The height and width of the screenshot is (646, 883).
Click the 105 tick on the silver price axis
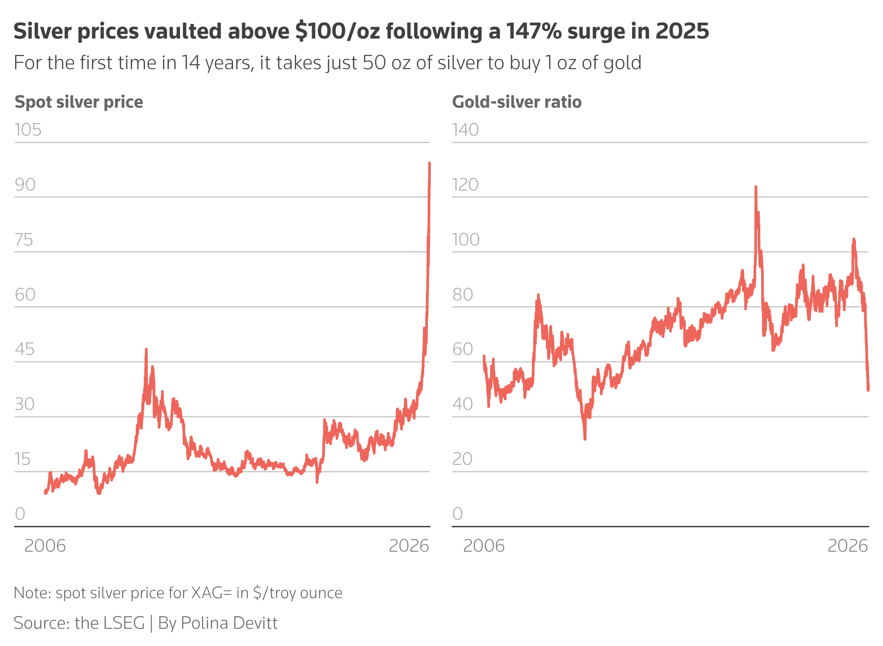point(28,130)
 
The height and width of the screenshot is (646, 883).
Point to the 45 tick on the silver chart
point(25,350)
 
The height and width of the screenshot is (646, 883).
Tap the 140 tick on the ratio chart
point(465,130)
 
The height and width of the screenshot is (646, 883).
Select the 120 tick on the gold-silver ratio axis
point(465,185)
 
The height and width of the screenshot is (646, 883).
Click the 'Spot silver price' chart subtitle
point(79,102)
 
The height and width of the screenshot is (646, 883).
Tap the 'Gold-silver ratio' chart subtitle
point(516,102)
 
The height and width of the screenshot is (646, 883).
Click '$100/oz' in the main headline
point(338,31)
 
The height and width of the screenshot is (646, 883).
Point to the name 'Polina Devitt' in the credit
point(229,623)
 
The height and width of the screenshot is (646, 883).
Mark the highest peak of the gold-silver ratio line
point(756,187)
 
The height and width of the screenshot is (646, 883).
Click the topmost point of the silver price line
point(430,163)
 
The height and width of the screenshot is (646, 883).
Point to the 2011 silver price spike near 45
point(146,350)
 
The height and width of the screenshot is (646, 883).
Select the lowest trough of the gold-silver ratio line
point(585,438)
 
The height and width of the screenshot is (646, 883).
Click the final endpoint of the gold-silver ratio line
point(868,389)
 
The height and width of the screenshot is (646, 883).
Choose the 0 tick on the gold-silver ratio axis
point(457,514)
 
